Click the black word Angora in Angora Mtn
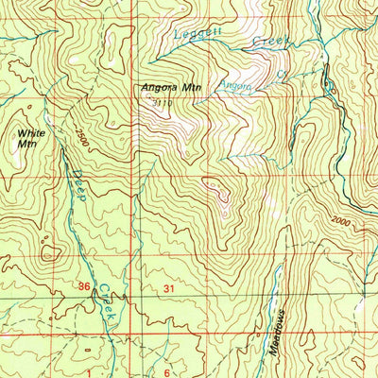tap(153, 89)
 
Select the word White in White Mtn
tap(29, 134)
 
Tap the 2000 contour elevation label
tap(346, 222)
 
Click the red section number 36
tap(85, 284)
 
